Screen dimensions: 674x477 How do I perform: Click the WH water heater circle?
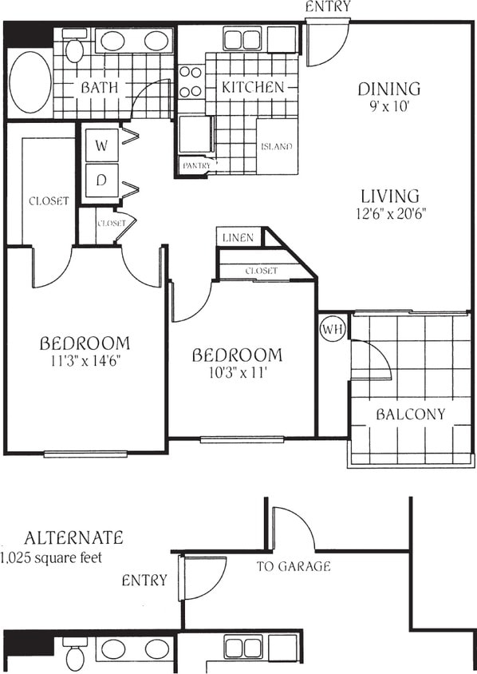click(331, 328)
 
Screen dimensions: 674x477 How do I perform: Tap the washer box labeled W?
click(101, 145)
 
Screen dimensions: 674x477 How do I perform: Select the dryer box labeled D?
click(101, 180)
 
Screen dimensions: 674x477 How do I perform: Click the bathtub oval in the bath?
click(30, 82)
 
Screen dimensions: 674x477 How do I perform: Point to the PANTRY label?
click(195, 165)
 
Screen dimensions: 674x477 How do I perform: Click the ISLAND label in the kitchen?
click(276, 146)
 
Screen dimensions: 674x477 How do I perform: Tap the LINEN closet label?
click(238, 237)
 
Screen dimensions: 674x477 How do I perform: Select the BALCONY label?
click(410, 414)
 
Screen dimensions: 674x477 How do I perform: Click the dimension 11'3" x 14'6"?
click(85, 360)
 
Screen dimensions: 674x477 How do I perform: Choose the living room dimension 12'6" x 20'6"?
click(389, 213)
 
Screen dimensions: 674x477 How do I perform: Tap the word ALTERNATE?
click(73, 537)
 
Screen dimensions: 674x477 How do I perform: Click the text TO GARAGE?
click(294, 566)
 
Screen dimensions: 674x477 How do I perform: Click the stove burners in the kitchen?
click(190, 81)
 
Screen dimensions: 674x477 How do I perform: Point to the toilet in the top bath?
click(74, 50)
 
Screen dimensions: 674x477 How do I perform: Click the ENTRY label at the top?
click(328, 7)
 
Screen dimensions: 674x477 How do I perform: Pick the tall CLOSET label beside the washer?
click(49, 200)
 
